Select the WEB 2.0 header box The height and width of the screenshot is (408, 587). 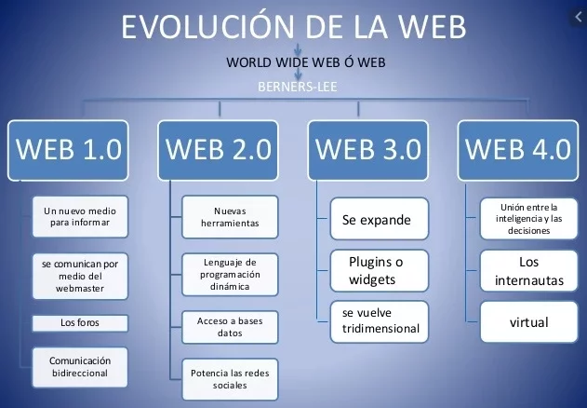[x=217, y=149]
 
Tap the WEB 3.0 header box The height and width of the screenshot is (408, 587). [x=368, y=149]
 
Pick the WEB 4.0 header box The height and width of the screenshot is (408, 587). [x=519, y=149]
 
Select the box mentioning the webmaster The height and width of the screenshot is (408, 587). [x=80, y=276]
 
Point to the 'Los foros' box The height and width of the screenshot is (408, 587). [x=80, y=323]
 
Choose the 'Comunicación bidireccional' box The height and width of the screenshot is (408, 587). [x=80, y=366]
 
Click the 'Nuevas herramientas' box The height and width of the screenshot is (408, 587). [x=229, y=217]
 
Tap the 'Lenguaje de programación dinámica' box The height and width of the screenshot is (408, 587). [x=229, y=275]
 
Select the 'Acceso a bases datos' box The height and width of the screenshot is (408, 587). [x=229, y=326]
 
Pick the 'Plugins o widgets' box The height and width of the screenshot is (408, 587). [x=379, y=270]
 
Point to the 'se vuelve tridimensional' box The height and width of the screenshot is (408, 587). [x=379, y=320]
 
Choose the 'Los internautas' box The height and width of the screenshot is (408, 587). [x=528, y=271]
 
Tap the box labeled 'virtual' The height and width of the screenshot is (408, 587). [x=528, y=322]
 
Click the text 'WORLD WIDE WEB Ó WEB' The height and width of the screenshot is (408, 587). [x=293, y=63]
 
